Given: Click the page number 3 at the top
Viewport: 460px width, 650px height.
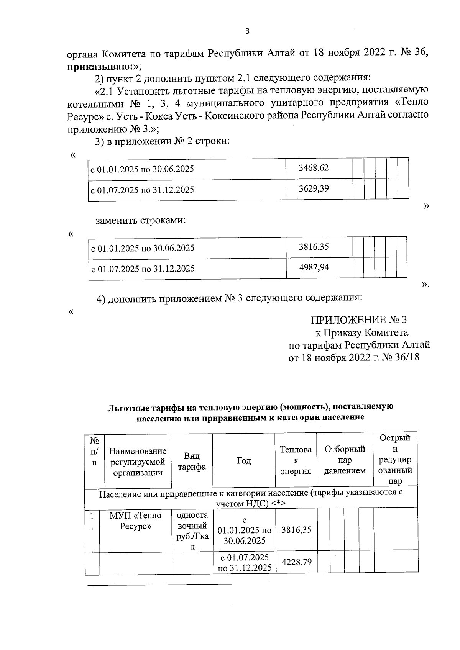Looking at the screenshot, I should point(247,31).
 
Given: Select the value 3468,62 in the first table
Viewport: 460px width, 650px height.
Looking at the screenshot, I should point(314,168).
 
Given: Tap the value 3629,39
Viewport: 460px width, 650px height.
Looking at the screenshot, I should point(314,188).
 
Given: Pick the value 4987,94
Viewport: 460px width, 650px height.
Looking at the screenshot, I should point(314,267).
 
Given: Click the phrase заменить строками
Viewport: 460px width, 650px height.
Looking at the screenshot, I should point(141,221).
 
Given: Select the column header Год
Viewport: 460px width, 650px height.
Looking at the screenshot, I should point(244,461).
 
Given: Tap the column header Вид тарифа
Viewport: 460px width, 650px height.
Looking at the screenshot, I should point(192,461).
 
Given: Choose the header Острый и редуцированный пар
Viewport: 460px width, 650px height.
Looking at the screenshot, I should point(395,459).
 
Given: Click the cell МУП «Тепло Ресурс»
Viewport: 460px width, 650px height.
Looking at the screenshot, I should point(135,521).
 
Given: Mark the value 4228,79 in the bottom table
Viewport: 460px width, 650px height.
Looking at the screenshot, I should point(296,562).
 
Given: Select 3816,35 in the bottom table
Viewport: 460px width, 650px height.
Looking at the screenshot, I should point(296,530).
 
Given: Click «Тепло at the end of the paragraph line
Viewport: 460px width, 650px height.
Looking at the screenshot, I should point(412,102).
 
